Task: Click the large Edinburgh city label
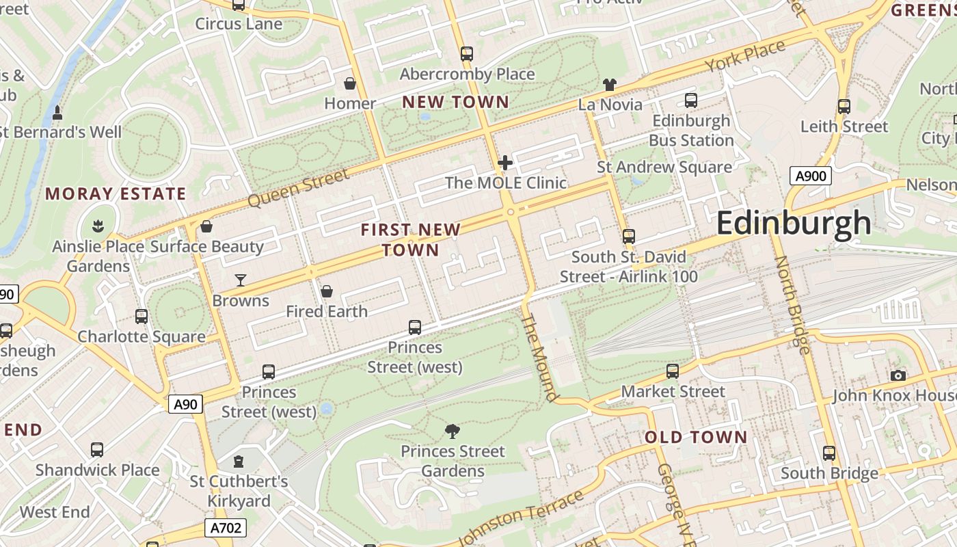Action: pyautogui.click(x=794, y=224)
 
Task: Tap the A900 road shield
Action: pyautogui.click(x=811, y=176)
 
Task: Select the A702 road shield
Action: pyautogui.click(x=225, y=528)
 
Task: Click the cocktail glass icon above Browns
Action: pyautogui.click(x=241, y=280)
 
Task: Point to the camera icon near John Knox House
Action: pyautogui.click(x=898, y=375)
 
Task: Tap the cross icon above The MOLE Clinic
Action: pyautogui.click(x=505, y=163)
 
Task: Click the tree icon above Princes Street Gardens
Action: pyautogui.click(x=452, y=431)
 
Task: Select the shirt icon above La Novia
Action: pyautogui.click(x=610, y=85)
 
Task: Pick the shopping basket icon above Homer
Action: pyautogui.click(x=350, y=83)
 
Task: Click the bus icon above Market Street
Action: pyautogui.click(x=673, y=371)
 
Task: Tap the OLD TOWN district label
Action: pyautogui.click(x=696, y=437)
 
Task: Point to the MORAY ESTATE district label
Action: pyautogui.click(x=116, y=194)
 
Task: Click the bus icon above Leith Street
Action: pyautogui.click(x=844, y=107)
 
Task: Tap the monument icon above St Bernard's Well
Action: pyautogui.click(x=57, y=112)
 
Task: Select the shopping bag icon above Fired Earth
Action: pyautogui.click(x=327, y=291)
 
